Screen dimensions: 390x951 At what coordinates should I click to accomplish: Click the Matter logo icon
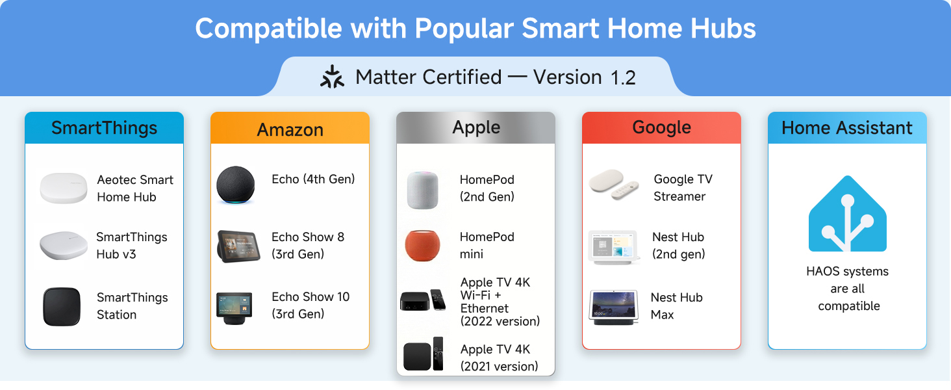tap(333, 77)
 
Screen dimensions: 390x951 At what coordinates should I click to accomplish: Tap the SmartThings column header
tap(104, 128)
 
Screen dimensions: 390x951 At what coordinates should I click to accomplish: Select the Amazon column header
tap(290, 129)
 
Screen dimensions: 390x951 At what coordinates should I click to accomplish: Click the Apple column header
tap(476, 127)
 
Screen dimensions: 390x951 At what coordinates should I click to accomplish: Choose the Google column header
tap(661, 127)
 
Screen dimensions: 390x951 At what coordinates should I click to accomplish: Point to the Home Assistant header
tap(847, 128)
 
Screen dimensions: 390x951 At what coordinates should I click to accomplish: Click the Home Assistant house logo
tap(847, 214)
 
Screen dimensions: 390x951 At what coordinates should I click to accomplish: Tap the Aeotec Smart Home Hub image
tap(63, 188)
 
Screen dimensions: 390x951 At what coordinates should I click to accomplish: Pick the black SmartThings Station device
tap(62, 306)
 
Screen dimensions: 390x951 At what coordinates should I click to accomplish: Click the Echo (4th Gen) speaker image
tap(236, 186)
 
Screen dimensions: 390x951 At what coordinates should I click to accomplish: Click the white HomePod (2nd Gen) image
tap(423, 189)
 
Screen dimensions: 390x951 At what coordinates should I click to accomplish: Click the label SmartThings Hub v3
tap(131, 246)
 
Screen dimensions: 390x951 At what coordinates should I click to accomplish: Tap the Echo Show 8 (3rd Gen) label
tap(307, 246)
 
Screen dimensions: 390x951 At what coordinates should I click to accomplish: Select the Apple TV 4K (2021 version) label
tap(499, 357)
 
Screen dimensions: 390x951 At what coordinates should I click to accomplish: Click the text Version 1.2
tap(584, 77)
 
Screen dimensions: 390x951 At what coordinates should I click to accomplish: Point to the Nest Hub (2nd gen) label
tap(678, 246)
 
